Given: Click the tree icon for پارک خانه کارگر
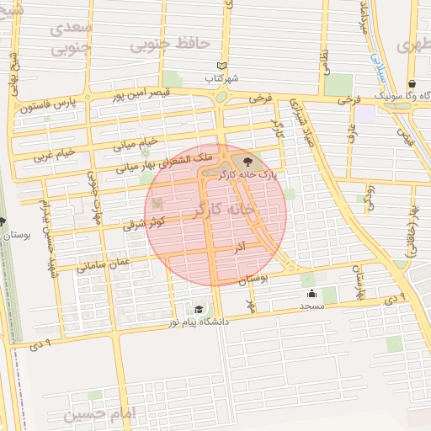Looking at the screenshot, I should point(247,161).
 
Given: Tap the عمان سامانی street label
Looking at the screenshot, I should point(104,263).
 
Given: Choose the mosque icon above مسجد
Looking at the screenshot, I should point(312,293).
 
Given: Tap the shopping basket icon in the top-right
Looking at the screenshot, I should point(412,83).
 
